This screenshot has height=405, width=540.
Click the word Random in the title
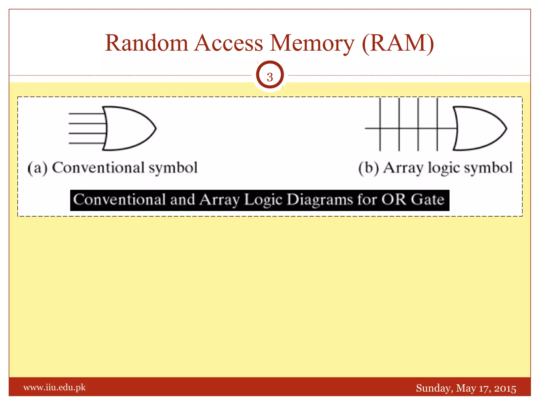point(147,43)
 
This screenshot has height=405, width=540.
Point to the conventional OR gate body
point(127,128)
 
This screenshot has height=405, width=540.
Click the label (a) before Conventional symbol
point(37,168)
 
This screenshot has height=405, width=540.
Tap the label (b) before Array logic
point(369,168)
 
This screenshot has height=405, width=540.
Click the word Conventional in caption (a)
point(98,168)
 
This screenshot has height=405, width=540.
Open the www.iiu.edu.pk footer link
point(55,387)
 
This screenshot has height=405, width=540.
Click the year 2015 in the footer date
point(505,388)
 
